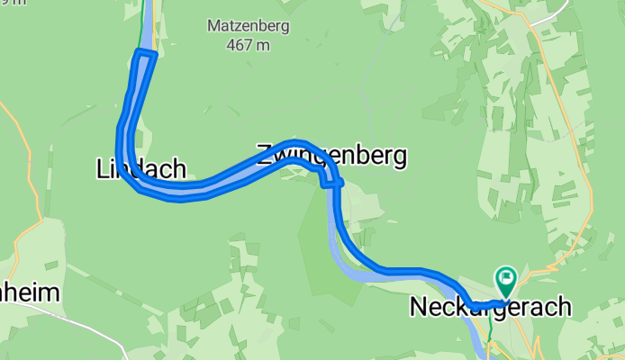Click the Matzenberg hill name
[248, 26]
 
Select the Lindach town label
[140, 168]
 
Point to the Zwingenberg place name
[331, 155]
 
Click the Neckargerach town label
[490, 307]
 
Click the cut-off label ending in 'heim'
[30, 293]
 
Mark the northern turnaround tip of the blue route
[145, 55]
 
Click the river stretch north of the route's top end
[149, 22]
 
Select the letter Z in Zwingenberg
[264, 155]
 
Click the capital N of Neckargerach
[419, 307]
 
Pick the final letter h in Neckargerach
[564, 307]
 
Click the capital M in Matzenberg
[213, 26]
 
